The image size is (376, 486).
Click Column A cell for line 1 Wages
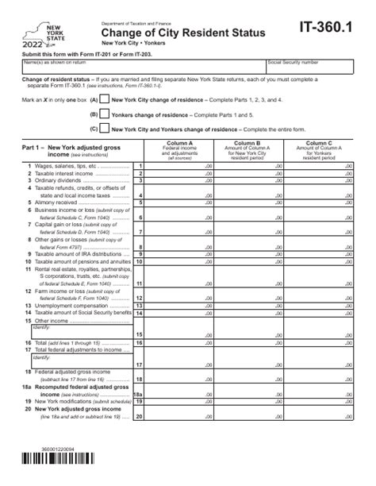click(181, 166)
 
